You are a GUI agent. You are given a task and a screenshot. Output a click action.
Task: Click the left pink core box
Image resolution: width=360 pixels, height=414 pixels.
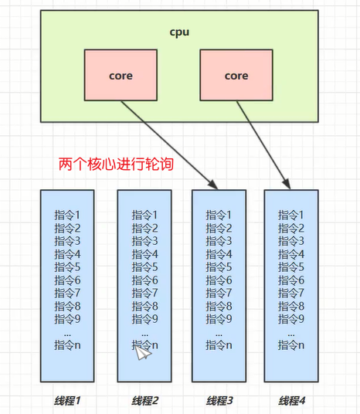[121, 75]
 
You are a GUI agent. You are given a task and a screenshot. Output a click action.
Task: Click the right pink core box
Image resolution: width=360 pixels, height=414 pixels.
[236, 75]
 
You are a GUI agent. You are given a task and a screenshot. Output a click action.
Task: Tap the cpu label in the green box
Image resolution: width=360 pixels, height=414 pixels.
[180, 33]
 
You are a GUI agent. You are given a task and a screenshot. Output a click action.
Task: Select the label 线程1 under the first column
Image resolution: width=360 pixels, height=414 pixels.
[67, 400]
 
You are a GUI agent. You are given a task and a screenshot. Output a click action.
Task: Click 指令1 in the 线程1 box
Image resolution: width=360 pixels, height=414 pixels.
[67, 215]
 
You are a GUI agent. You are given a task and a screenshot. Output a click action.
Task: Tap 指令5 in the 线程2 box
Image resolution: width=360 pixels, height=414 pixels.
[144, 266]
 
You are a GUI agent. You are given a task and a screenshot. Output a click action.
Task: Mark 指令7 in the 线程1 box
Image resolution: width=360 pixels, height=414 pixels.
[67, 293]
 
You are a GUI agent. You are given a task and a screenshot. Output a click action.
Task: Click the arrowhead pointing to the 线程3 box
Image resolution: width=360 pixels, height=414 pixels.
[212, 183]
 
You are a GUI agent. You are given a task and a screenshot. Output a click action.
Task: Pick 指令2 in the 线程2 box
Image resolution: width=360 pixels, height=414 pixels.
[144, 227]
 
